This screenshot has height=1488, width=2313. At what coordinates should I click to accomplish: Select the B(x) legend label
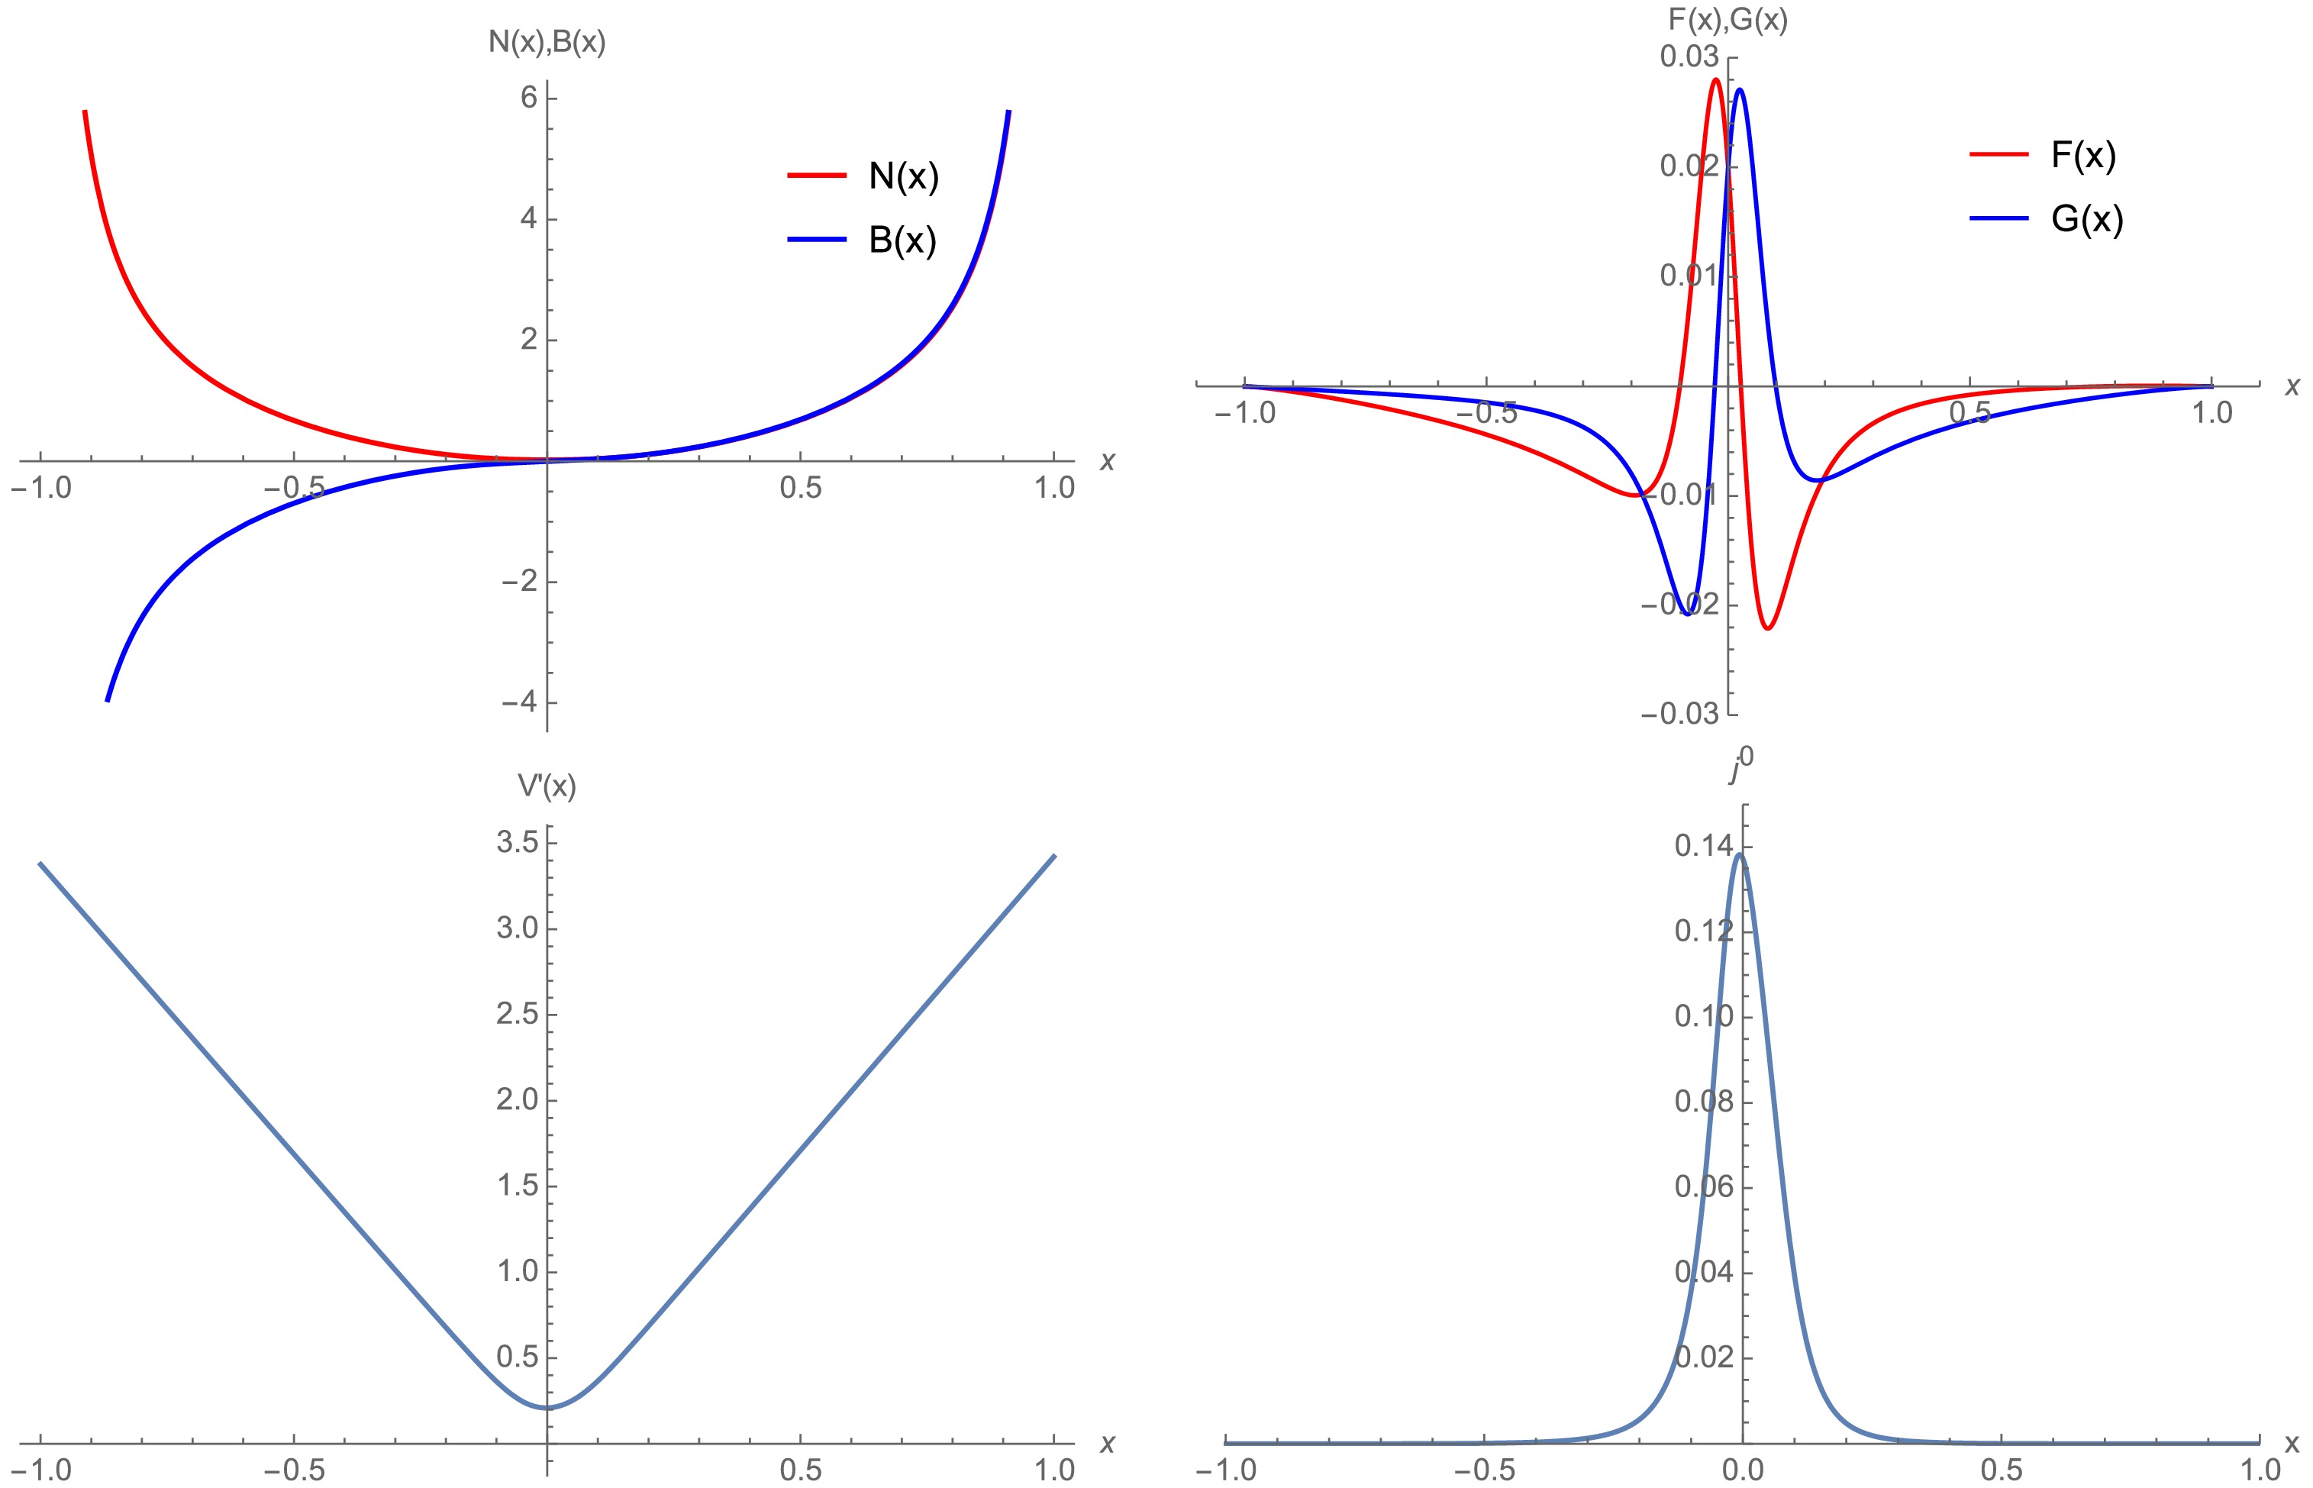[x=902, y=240]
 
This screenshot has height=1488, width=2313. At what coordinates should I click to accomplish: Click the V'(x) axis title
[x=547, y=786]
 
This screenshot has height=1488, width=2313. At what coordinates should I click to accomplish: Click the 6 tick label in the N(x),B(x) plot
[x=528, y=98]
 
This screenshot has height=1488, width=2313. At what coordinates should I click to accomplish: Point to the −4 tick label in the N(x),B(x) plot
[x=520, y=702]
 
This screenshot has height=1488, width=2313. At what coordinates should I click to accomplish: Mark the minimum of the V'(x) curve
[x=547, y=1407]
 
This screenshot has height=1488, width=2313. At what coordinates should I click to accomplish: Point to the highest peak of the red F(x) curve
[x=1715, y=79]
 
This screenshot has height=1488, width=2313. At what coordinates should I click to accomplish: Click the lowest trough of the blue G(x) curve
[x=1687, y=614]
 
